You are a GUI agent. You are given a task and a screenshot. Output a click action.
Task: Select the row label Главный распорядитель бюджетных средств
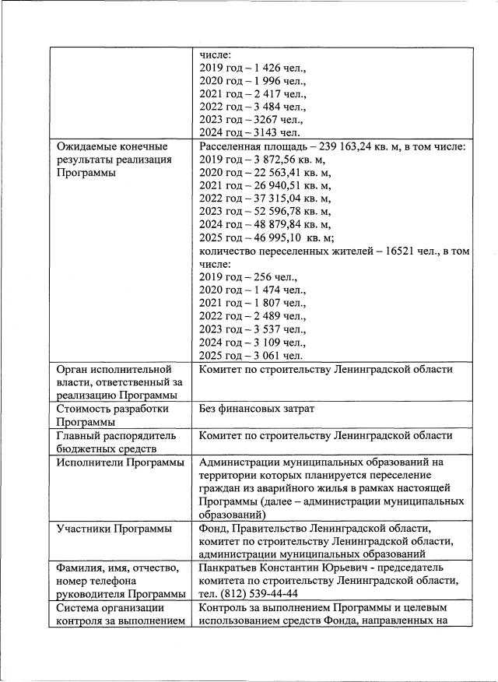117,441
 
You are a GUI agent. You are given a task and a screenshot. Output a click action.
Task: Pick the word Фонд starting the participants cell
213,529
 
